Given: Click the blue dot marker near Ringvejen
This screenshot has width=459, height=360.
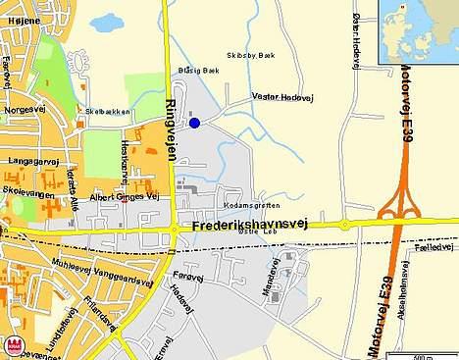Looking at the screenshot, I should point(194,123).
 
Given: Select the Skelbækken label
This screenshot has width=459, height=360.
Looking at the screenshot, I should point(108,112).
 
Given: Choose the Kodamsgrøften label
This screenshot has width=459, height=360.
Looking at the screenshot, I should point(252,205).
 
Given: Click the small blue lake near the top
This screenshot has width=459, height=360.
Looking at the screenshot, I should point(102,23).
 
